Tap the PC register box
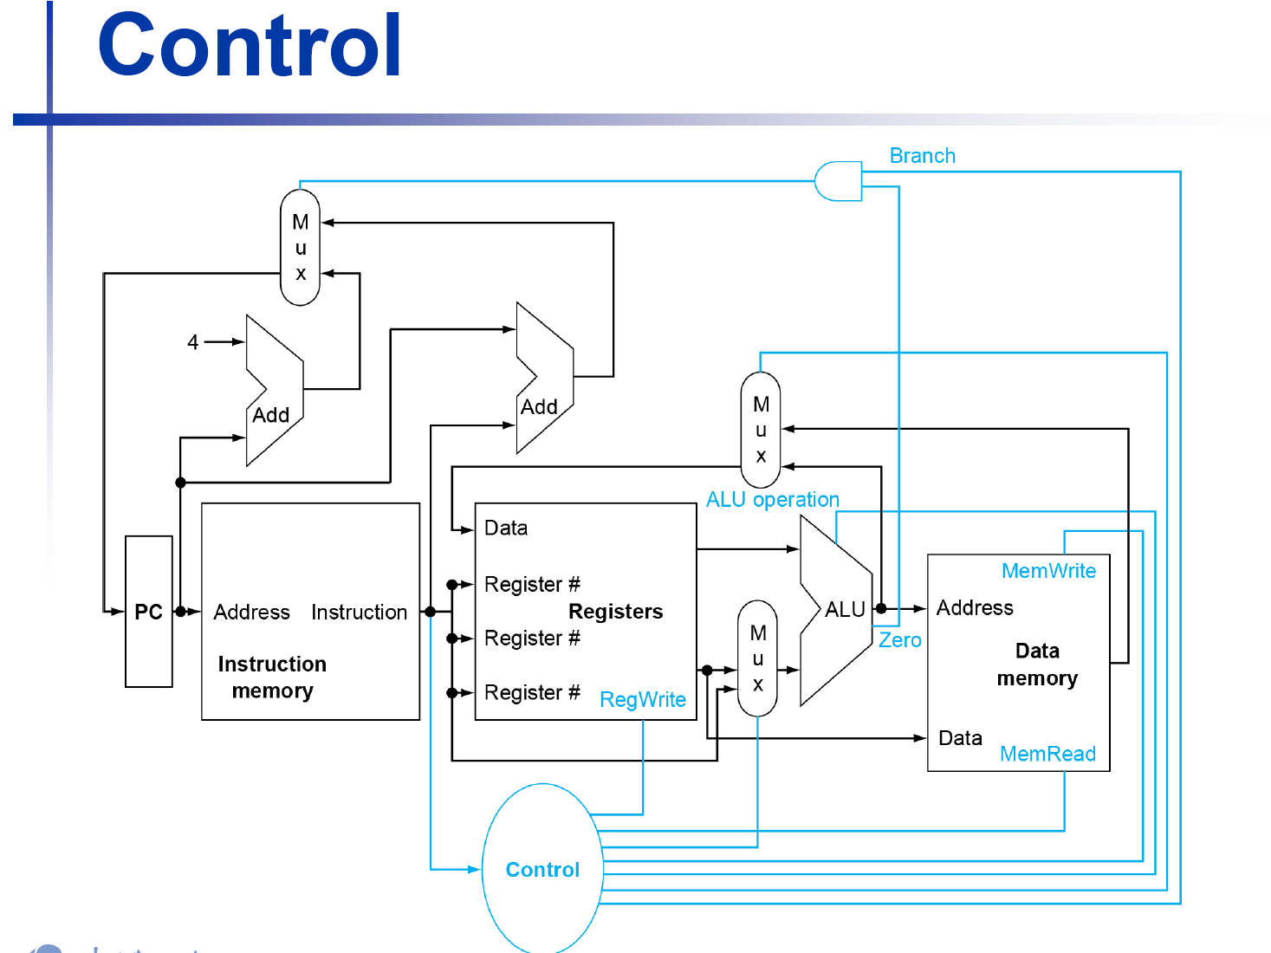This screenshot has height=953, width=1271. (x=148, y=612)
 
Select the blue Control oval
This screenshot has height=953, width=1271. (x=542, y=869)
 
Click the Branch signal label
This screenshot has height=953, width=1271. (x=922, y=156)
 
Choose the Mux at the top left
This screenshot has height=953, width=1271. (x=301, y=248)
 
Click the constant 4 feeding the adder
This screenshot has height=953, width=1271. (x=193, y=342)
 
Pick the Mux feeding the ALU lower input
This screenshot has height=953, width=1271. (x=758, y=658)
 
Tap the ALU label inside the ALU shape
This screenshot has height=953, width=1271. (x=845, y=610)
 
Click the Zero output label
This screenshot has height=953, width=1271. (x=900, y=640)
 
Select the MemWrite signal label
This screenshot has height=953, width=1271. (x=1048, y=571)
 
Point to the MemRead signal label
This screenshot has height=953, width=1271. (x=1047, y=754)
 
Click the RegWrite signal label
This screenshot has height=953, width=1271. (x=643, y=699)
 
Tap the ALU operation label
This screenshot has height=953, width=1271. (x=773, y=500)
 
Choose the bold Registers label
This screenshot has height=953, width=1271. (x=615, y=612)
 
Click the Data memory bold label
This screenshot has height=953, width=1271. (x=1037, y=665)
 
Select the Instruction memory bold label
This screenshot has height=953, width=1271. (x=272, y=677)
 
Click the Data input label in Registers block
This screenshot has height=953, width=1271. (x=506, y=528)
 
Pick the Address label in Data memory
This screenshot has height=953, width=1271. (x=975, y=608)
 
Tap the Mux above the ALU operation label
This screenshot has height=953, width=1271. (x=761, y=430)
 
